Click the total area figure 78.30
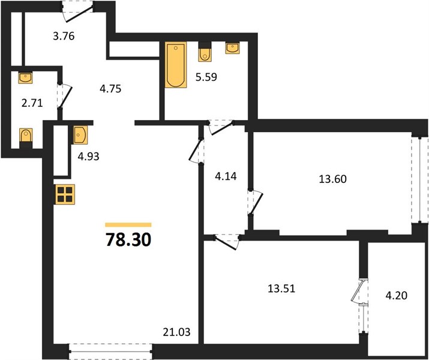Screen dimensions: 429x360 coord(128,240)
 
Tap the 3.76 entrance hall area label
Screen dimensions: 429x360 coord(64,36)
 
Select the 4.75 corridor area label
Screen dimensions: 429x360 coord(110,89)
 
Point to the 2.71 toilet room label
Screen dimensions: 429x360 coord(32,103)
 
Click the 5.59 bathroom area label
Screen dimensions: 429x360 coord(206,77)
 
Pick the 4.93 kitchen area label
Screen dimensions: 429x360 coord(88,157)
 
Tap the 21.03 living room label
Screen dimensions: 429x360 coord(176,332)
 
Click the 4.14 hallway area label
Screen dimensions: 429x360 coord(226,176)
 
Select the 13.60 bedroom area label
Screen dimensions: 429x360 coord(332,179)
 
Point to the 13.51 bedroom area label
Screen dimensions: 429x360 coord(281,289)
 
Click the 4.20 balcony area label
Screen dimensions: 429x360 coord(397,295)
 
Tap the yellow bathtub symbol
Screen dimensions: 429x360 coord(176,65)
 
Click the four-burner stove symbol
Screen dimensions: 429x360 coord(65,194)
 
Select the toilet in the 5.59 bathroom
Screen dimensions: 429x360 coord(205,52)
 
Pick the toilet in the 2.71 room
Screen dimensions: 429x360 coord(26,138)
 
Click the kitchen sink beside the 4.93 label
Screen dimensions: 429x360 coord(80,135)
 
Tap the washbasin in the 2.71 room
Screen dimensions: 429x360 coord(25,77)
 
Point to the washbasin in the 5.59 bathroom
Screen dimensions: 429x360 coord(233,48)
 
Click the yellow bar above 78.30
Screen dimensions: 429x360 coord(128,225)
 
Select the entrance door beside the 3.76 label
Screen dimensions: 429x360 coord(78,11)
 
